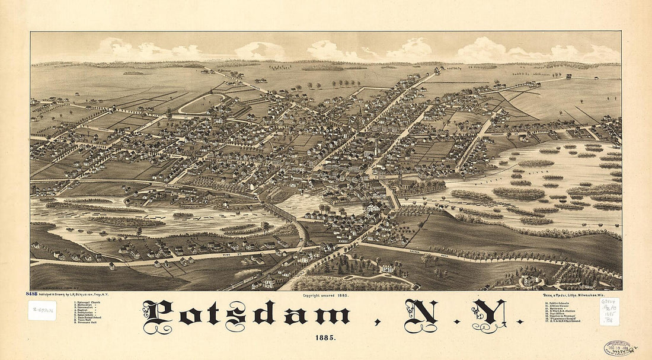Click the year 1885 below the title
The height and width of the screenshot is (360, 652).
pos(325,337)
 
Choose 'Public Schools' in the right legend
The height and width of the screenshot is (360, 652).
pos(556,302)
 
